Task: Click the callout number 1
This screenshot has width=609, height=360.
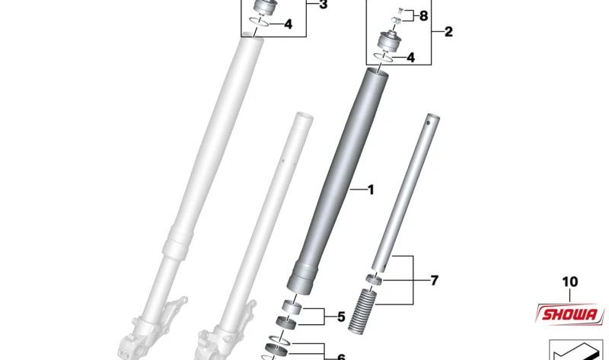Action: pyautogui.click(x=371, y=190)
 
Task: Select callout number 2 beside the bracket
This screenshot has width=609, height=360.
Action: pyautogui.click(x=448, y=31)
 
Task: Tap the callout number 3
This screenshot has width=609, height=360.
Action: pyautogui.click(x=323, y=5)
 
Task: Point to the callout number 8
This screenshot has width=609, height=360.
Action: pyautogui.click(x=423, y=16)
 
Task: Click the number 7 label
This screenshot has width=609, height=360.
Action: pyautogui.click(x=434, y=280)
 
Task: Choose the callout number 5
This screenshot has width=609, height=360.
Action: pyautogui.click(x=341, y=317)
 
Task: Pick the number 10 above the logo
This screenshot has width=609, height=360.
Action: pyautogui.click(x=569, y=282)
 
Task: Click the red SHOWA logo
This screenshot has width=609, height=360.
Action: pyautogui.click(x=569, y=314)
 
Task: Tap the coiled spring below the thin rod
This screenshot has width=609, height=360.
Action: pyautogui.click(x=362, y=311)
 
